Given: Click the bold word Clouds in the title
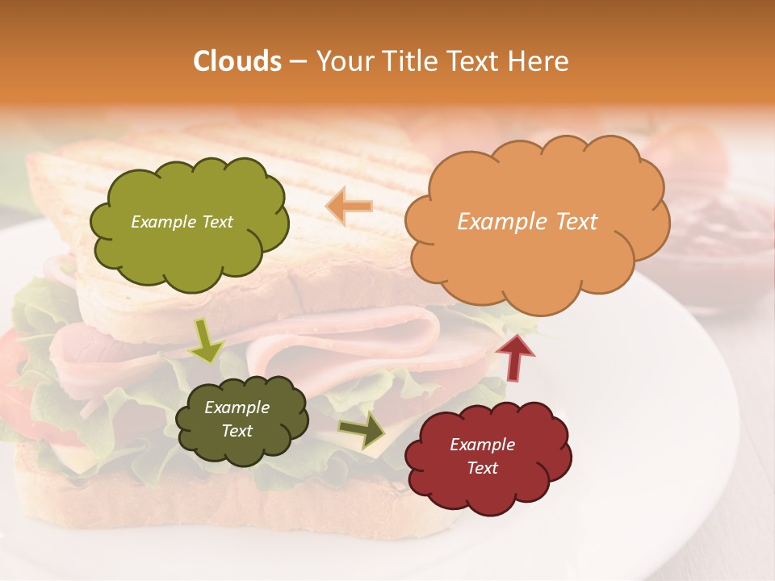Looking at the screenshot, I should pyautogui.click(x=237, y=61).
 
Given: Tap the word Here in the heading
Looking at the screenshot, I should pyautogui.click(x=541, y=61).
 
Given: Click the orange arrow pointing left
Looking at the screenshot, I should pyautogui.click(x=350, y=207).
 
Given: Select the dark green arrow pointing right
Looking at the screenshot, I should pyautogui.click(x=362, y=429).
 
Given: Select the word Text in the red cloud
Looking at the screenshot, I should pyautogui.click(x=482, y=468).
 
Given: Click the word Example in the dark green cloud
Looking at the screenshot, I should pyautogui.click(x=237, y=408).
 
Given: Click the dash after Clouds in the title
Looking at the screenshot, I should pyautogui.click(x=297, y=61).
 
